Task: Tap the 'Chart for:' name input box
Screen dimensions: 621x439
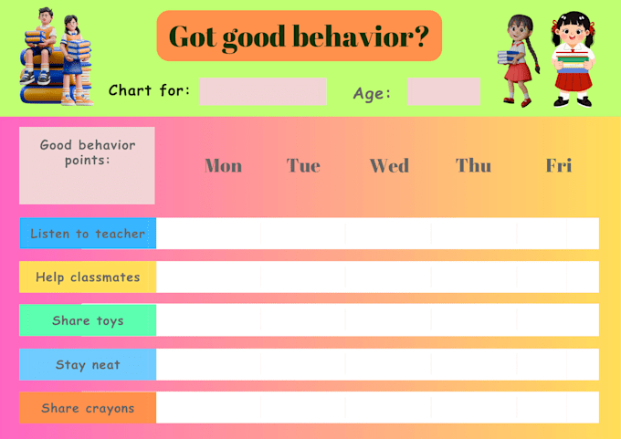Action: [263, 91]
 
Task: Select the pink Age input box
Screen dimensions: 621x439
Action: [444, 91]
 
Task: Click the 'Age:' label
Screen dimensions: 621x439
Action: [372, 94]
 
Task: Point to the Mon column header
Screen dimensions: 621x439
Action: [224, 165]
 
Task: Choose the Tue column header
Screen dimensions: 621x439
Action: [303, 165]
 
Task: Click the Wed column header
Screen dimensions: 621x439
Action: [389, 165]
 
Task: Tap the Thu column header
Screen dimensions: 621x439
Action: [473, 165]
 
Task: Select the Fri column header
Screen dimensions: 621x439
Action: [559, 165]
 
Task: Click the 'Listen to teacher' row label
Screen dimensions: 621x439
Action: [88, 233]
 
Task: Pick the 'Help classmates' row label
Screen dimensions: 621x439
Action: [88, 277]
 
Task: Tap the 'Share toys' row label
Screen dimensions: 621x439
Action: [88, 320]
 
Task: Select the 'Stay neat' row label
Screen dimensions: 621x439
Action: [88, 364]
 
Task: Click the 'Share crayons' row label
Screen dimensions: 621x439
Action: [88, 408]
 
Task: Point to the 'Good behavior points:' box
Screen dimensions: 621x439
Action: [87, 165]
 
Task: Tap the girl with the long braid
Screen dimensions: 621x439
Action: [518, 60]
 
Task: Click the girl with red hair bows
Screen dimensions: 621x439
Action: [574, 59]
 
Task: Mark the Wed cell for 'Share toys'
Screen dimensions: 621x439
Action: [388, 320]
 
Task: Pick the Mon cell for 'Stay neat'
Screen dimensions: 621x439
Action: [209, 364]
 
